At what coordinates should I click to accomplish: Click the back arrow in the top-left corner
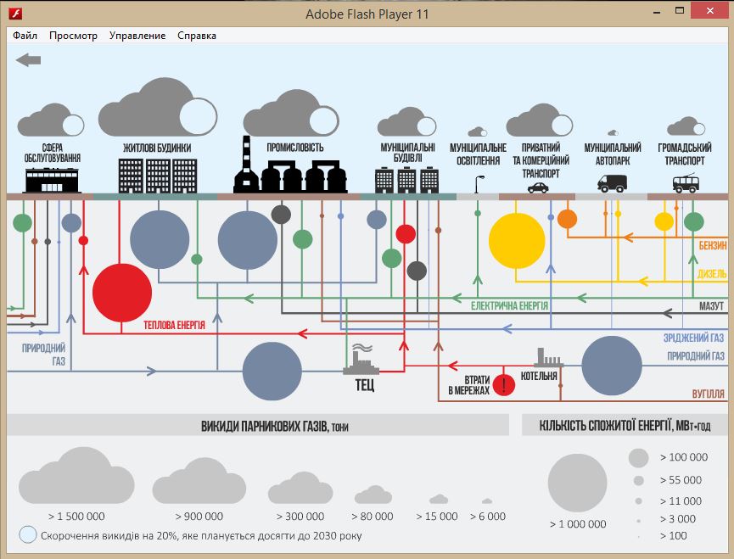[x=28, y=60]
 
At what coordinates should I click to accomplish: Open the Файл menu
[x=25, y=36]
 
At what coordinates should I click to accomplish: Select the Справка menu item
[x=197, y=36]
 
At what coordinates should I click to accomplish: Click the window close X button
[x=710, y=11]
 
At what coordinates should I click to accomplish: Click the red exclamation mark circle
[x=504, y=385]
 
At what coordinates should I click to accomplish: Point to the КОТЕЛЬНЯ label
[x=539, y=376]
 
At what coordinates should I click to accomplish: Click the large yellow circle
[x=517, y=240]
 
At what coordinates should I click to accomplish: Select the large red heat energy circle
[x=122, y=293]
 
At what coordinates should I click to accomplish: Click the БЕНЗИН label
[x=713, y=246]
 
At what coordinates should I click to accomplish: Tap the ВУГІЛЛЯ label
[x=708, y=394]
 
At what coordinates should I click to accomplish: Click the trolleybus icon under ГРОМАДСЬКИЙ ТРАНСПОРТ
[x=686, y=183]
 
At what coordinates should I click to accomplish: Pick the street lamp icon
[x=479, y=184]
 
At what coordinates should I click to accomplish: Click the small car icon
[x=538, y=187]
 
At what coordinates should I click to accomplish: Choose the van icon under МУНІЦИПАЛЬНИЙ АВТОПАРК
[x=613, y=183]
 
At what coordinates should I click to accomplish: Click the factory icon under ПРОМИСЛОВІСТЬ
[x=290, y=165]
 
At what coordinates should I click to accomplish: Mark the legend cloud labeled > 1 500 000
[x=76, y=475]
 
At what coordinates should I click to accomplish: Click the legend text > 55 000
[x=681, y=480]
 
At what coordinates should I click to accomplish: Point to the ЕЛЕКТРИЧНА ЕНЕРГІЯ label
[x=509, y=306]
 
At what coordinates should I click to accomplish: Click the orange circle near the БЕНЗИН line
[x=567, y=219]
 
